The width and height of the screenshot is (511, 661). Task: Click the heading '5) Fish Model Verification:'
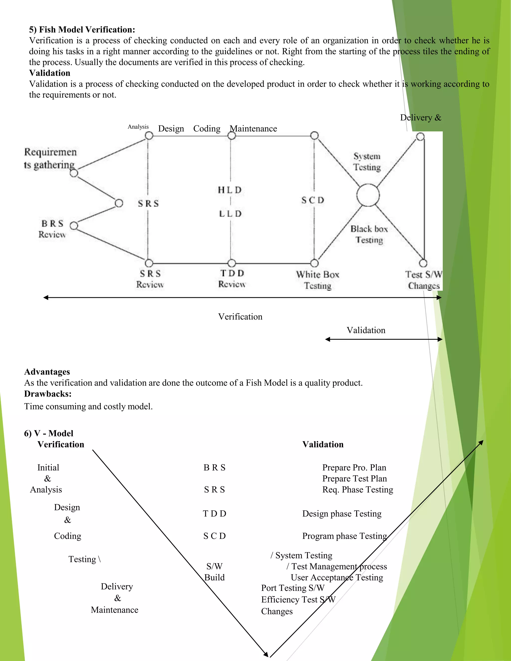pos(82,30)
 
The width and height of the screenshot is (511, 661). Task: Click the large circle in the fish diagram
pos(368,195)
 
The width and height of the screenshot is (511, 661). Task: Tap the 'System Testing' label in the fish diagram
pos(367,162)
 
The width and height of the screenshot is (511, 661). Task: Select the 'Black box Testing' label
pos(369,234)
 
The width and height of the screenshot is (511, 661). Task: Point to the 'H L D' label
pos(230,190)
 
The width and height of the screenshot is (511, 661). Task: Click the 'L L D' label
pos(230,214)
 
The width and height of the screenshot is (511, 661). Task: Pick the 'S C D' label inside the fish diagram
pos(313,200)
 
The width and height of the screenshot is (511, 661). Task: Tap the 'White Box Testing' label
pos(318,280)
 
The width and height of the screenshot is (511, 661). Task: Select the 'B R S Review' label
pos(52,229)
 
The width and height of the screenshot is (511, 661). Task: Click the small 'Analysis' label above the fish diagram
pos(138,127)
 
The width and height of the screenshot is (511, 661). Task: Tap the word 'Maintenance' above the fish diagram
pos(254,129)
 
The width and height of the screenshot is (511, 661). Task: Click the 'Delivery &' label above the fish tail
pos(420,117)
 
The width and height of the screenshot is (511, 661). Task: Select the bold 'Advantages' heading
pos(47,372)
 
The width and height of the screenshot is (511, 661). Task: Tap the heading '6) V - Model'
pos(48,434)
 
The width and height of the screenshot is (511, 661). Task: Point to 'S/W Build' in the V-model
pos(214,572)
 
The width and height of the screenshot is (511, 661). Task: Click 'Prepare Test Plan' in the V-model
pos(355,478)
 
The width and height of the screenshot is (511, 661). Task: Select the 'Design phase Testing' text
pos(342,514)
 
